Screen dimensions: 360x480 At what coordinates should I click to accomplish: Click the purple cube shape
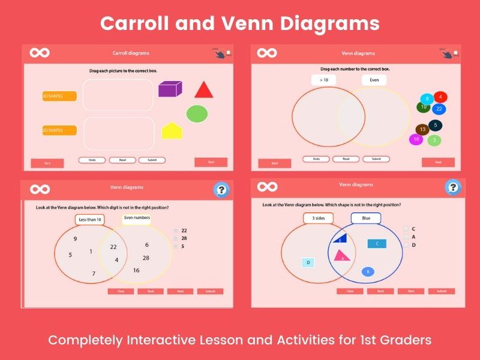(170, 89)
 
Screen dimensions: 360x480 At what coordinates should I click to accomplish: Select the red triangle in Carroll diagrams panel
(203, 90)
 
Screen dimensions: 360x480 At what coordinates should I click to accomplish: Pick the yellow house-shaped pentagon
(172, 130)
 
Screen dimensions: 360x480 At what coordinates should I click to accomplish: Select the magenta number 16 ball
(415, 139)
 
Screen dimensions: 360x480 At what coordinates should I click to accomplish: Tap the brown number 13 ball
(422, 130)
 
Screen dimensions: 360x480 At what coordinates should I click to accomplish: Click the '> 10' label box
(323, 80)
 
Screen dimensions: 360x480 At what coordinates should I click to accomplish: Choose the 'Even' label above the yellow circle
(374, 80)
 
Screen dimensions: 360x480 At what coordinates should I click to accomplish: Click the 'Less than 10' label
(89, 220)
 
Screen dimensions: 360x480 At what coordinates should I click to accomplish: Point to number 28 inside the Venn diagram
(146, 258)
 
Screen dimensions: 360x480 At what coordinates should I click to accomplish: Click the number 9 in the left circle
(75, 239)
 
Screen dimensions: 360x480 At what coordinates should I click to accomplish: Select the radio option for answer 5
(175, 247)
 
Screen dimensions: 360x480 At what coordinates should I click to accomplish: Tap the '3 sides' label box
(318, 218)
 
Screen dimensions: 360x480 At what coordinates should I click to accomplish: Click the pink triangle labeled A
(342, 256)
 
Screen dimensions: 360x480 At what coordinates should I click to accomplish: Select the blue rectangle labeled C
(377, 244)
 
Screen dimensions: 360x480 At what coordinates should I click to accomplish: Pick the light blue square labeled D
(308, 262)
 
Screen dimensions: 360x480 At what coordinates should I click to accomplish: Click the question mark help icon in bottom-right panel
(453, 188)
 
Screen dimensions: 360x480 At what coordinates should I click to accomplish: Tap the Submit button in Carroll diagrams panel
(152, 160)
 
